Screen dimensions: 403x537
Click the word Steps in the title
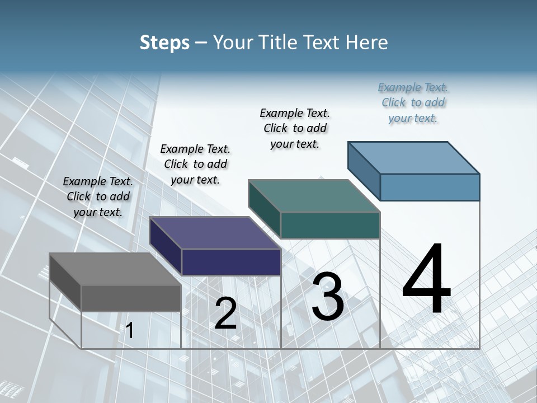point(164,43)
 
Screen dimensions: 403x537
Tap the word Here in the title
point(367,43)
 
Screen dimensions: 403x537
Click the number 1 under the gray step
point(129,331)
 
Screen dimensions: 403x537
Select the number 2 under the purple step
point(225,313)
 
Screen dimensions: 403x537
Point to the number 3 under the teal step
point(327,297)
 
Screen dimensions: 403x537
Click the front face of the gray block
point(131,298)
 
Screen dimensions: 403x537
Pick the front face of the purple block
point(231,262)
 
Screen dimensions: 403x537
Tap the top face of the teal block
point(314,196)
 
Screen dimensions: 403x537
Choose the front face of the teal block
point(330,225)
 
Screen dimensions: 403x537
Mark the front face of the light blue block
point(430,187)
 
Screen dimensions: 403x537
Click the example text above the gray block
point(98,197)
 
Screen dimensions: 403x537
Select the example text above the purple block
point(195,164)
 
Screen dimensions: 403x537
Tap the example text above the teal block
point(295,128)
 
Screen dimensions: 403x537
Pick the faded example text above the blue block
point(413,102)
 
